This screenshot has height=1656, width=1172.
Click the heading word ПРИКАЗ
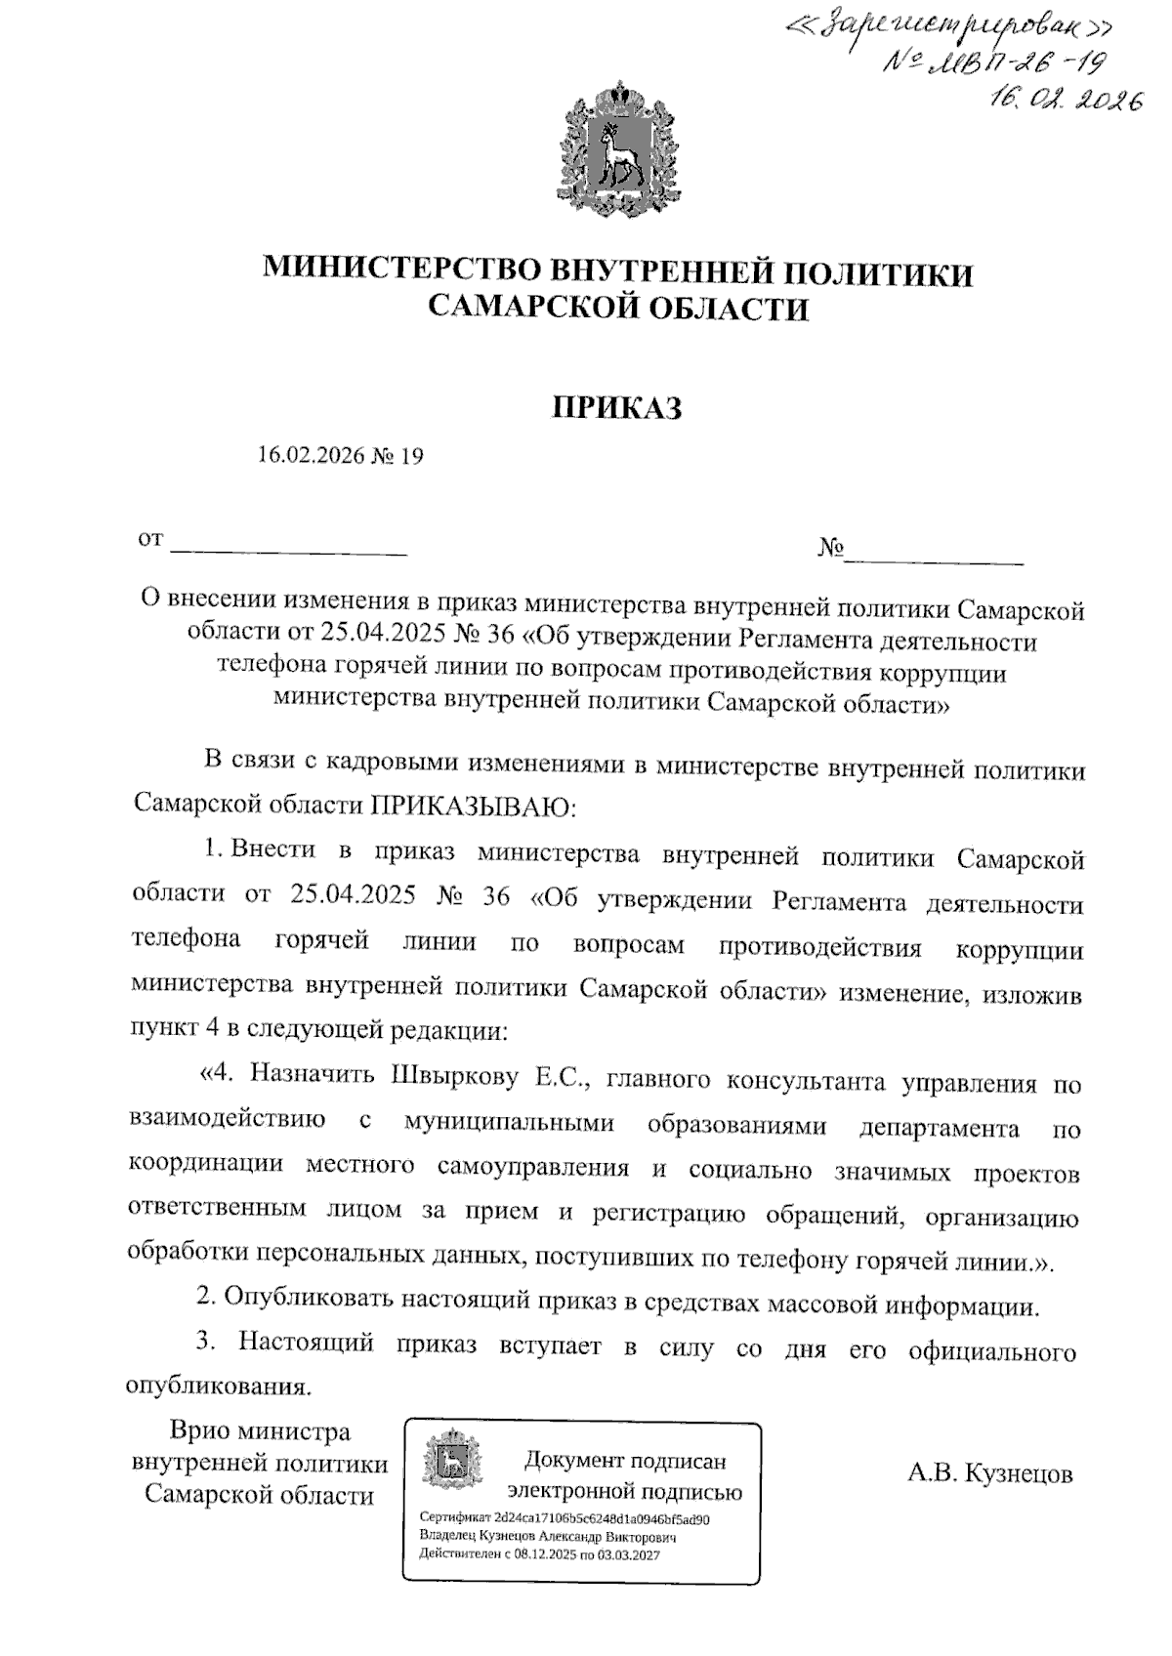tap(617, 407)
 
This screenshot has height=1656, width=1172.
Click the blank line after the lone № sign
tap(935, 559)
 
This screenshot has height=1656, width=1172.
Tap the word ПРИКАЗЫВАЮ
tap(474, 807)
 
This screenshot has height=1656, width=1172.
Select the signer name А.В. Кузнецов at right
tap(989, 1473)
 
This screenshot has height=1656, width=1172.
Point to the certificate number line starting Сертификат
tap(564, 1519)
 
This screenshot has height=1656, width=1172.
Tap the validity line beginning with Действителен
tap(539, 1553)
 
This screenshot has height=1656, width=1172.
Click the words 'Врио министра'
tap(260, 1431)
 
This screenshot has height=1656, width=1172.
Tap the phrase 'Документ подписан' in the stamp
tap(625, 1461)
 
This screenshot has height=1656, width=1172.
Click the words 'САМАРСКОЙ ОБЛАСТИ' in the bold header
tap(619, 310)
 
